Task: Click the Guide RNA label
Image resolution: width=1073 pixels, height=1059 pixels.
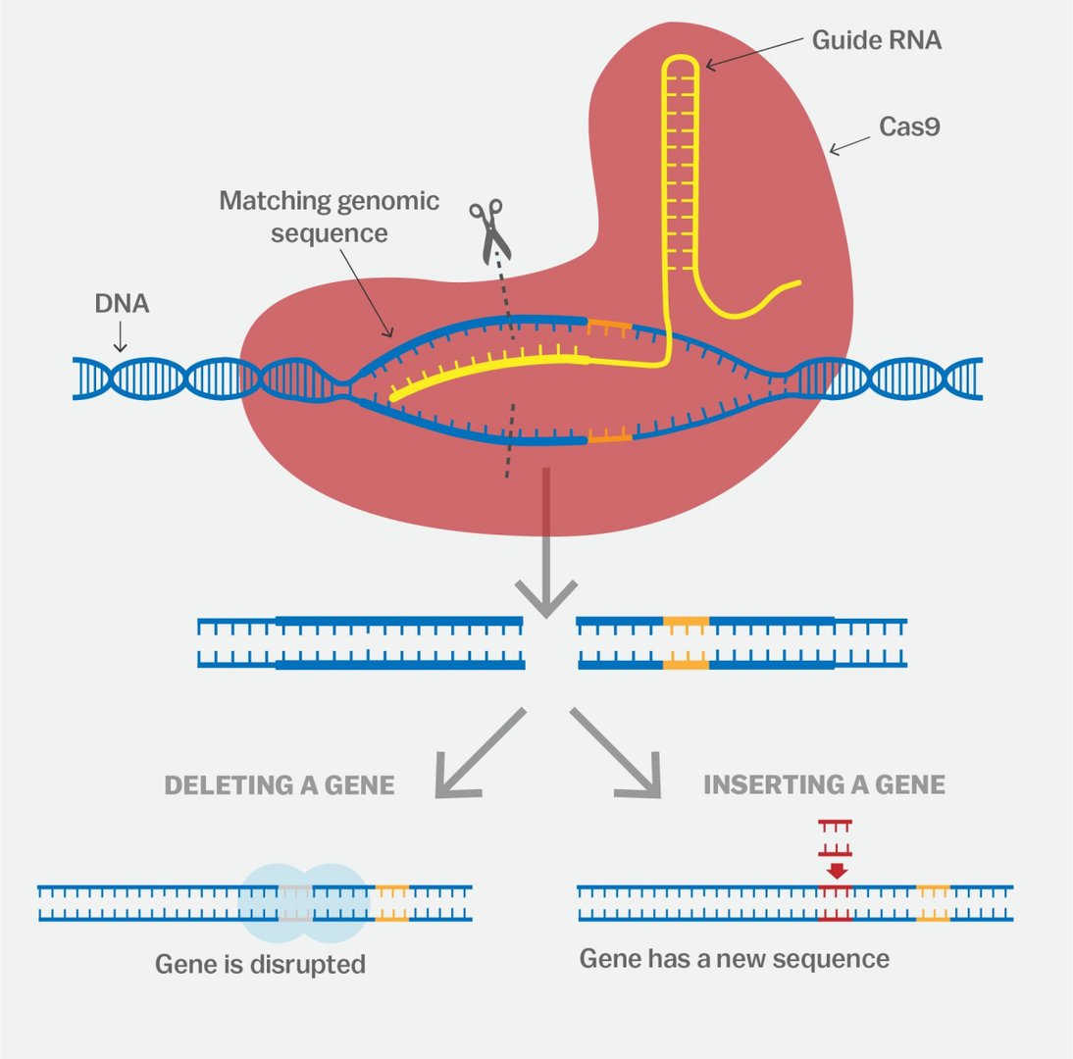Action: point(877,41)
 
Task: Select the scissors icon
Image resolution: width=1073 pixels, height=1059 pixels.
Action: point(488,228)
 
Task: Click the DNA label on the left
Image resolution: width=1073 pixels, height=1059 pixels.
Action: point(122,304)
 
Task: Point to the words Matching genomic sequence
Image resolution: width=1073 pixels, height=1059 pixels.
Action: point(329,217)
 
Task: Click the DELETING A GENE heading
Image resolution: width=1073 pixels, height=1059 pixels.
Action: point(280,785)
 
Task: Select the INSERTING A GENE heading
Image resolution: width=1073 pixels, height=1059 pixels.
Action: point(824,785)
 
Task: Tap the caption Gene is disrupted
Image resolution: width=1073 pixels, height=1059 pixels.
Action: point(260,964)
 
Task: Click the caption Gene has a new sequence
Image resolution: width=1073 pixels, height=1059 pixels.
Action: point(734,958)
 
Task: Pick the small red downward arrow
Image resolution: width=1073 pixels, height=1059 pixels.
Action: point(836,869)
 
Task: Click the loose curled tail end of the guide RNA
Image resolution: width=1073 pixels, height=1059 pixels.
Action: point(785,289)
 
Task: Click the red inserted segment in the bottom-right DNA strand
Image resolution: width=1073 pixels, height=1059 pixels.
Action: point(835,902)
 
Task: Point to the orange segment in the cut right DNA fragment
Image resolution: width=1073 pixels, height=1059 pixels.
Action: point(686,643)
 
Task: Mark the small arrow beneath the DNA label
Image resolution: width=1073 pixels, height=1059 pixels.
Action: point(121,338)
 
